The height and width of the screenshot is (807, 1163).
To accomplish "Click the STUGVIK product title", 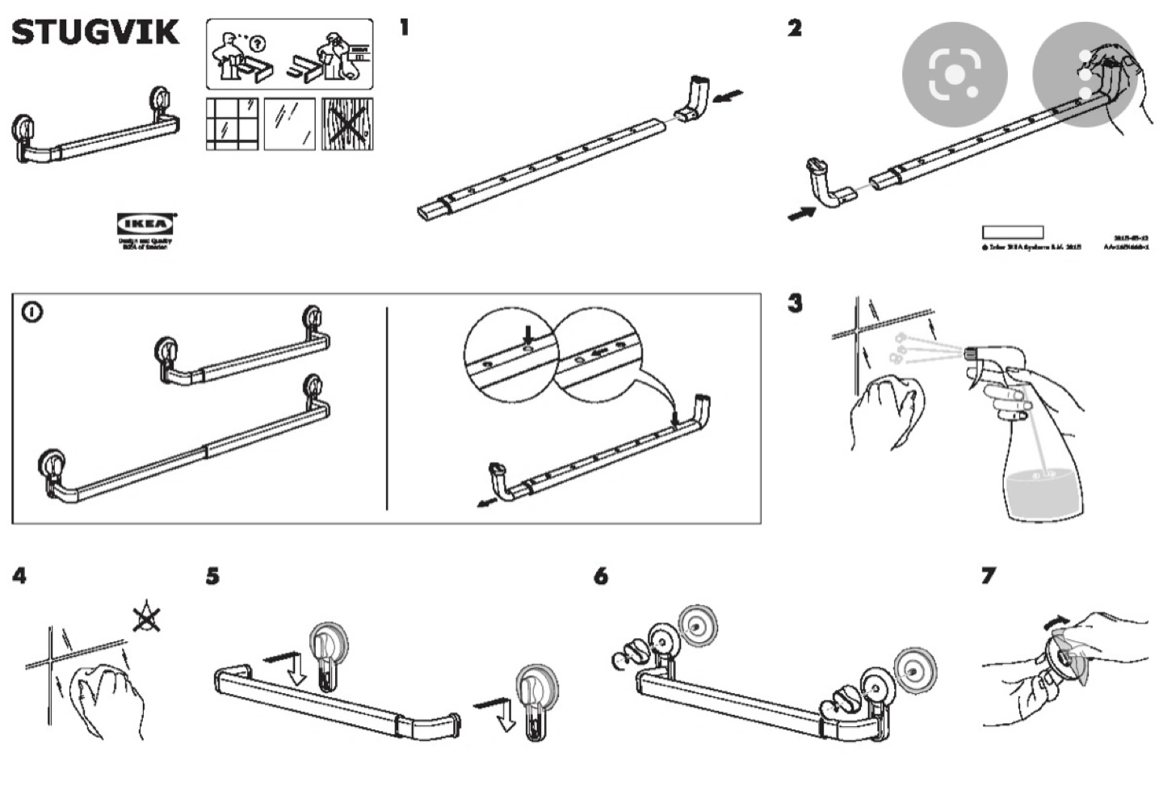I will click(95, 33).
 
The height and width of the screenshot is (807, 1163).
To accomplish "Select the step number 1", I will click(404, 27).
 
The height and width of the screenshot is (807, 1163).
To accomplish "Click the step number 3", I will click(796, 304).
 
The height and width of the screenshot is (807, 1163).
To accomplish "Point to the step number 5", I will click(212, 576).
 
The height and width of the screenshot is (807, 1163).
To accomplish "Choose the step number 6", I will click(600, 576).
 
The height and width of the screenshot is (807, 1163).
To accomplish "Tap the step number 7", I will click(988, 575).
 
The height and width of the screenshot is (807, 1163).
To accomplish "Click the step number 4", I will click(19, 576).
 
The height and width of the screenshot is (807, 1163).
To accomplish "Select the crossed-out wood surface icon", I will click(347, 124).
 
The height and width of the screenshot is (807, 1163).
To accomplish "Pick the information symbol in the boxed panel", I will click(32, 311).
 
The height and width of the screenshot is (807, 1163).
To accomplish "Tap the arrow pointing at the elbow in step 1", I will click(729, 96).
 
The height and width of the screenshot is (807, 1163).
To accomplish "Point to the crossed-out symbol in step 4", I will click(145, 618).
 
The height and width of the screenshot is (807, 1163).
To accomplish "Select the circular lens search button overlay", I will click(955, 74).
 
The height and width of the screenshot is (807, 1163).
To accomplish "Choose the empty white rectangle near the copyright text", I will click(1012, 232).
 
